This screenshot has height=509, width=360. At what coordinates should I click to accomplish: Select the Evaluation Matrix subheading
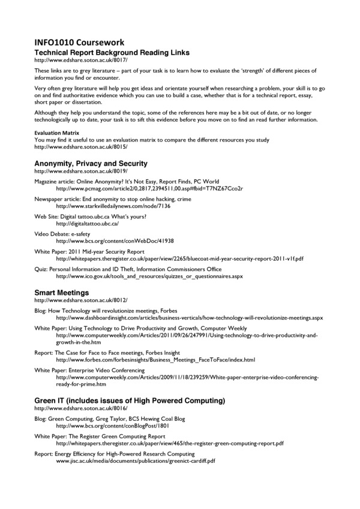(56, 134)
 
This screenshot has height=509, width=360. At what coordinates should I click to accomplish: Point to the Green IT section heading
(130, 400)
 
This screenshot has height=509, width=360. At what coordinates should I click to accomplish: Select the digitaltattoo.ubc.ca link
(87, 223)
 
